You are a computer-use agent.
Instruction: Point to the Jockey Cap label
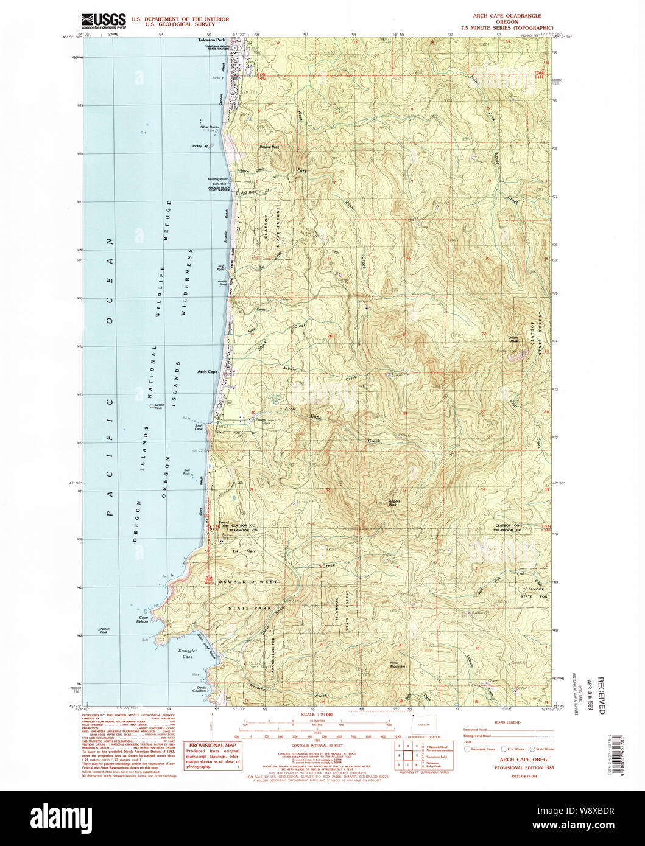(200, 147)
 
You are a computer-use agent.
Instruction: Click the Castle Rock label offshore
(158, 406)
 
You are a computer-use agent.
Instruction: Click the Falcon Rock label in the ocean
(108, 632)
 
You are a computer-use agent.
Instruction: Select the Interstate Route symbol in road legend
(468, 749)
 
